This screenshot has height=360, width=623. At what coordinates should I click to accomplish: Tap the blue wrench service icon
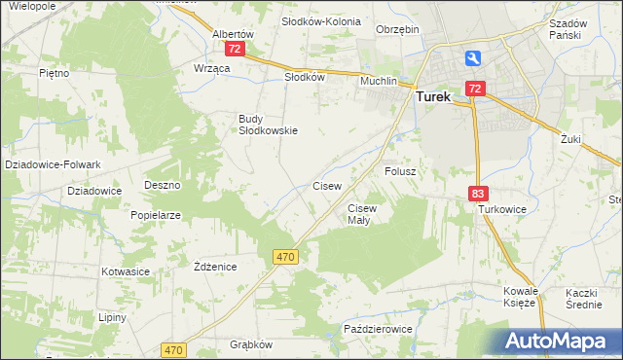click(473, 58)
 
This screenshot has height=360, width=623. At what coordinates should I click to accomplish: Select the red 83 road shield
click(477, 195)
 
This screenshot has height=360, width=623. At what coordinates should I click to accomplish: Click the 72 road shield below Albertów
click(233, 48)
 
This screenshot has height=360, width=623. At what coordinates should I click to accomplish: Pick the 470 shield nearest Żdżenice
click(284, 256)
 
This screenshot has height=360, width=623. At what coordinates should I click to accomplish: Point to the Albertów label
click(233, 33)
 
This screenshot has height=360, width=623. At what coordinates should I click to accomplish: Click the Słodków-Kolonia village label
click(320, 20)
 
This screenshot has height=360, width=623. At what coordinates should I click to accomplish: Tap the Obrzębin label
click(397, 29)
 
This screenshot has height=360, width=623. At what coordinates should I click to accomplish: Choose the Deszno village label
click(163, 185)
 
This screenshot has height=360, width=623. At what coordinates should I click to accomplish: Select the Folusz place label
click(400, 171)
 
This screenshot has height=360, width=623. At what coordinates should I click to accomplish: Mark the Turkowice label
click(501, 209)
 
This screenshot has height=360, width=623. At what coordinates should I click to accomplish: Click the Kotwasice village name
click(123, 271)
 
